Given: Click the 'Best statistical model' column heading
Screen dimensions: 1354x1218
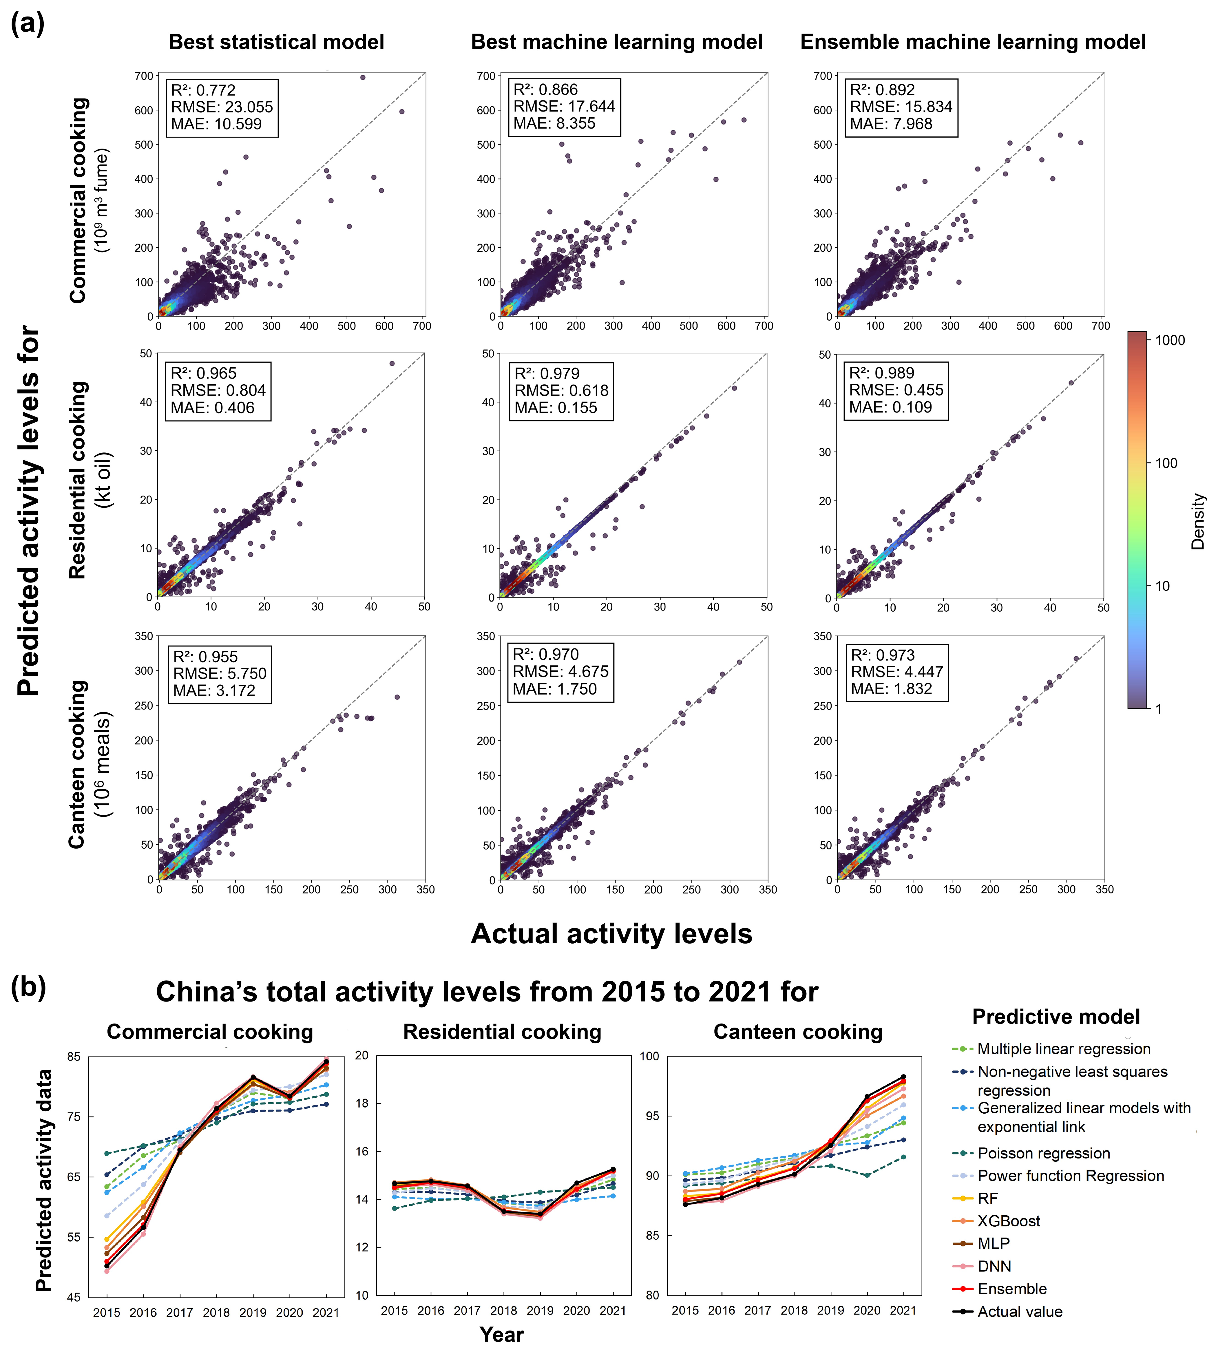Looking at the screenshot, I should point(276,42).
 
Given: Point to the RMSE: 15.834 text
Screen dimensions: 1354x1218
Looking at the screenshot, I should point(901,106).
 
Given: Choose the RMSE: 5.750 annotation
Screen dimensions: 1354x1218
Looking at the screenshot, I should point(220,673).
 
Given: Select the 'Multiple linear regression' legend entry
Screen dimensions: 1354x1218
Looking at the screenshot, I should point(1063,1049).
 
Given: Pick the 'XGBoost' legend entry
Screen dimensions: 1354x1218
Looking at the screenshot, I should point(1009,1221).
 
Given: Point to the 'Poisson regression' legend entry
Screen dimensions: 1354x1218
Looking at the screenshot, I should point(1043,1153).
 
